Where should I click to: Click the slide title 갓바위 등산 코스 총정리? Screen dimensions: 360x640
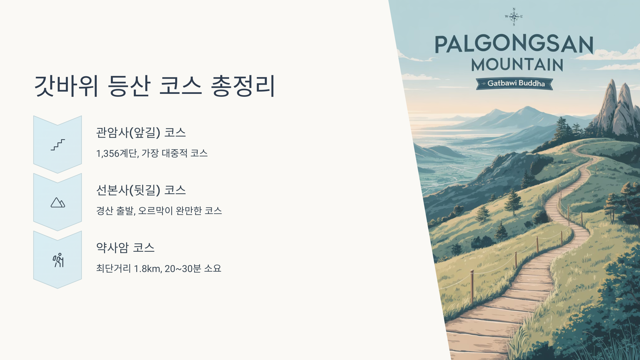(155, 86)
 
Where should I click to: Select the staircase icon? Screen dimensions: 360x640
(58, 145)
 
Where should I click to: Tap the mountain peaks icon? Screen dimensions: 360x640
(58, 203)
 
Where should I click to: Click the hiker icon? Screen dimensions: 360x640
(58, 260)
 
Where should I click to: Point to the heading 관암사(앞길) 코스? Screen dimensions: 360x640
(141, 133)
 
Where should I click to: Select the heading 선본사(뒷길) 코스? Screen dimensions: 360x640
(141, 190)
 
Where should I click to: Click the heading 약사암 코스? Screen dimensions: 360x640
(125, 248)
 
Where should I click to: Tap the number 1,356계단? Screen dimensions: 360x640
(117, 154)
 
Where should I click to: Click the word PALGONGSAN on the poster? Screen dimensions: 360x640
(514, 45)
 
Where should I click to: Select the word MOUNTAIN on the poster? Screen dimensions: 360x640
(517, 65)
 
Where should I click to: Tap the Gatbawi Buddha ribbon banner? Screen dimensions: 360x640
(515, 83)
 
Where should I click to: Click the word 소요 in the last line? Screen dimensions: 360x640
(213, 269)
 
